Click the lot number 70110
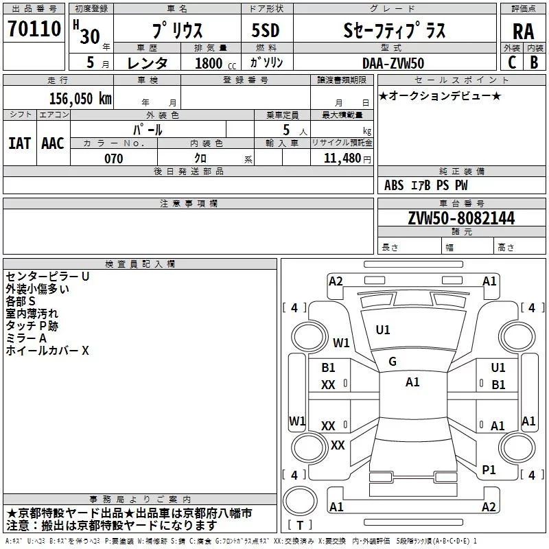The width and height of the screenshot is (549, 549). pyautogui.click(x=34, y=28)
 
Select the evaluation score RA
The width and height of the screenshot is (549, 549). pyautogui.click(x=523, y=32)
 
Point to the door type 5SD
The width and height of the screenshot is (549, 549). pyautogui.click(x=266, y=31)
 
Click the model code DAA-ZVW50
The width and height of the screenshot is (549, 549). pyautogui.click(x=393, y=63)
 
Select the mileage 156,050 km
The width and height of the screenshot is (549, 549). pyautogui.click(x=80, y=98)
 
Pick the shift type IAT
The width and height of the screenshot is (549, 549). pyautogui.click(x=19, y=143)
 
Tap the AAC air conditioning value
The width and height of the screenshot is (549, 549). pyautogui.click(x=52, y=143)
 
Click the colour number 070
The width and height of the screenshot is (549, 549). pyautogui.click(x=113, y=159)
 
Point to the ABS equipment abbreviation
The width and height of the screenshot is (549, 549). pyautogui.click(x=394, y=185)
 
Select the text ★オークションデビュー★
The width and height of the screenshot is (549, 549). pyautogui.click(x=440, y=95)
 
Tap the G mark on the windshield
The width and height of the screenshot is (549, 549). pyautogui.click(x=393, y=362)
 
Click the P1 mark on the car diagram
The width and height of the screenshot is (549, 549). pyautogui.click(x=489, y=470)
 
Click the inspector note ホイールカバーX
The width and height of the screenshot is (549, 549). pyautogui.click(x=47, y=351)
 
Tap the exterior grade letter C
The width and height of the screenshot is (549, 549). pyautogui.click(x=511, y=62)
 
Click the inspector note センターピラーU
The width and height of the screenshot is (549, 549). pyautogui.click(x=47, y=277)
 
